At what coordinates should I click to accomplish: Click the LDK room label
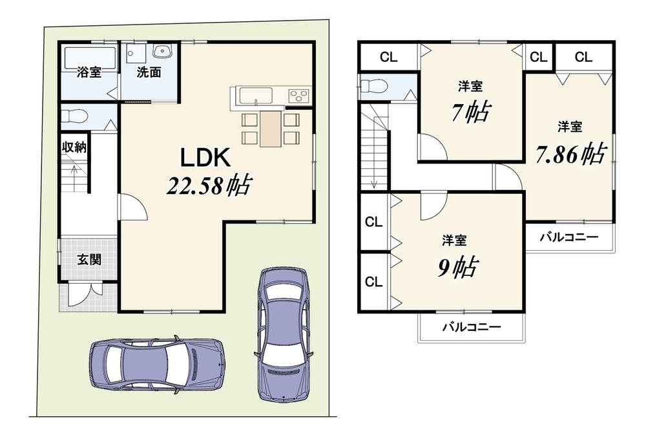click(x=204, y=158)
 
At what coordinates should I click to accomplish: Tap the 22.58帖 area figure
click(x=209, y=186)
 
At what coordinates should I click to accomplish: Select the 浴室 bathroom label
click(x=89, y=72)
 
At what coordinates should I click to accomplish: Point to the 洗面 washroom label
click(x=149, y=72)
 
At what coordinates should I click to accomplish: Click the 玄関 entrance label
click(x=89, y=260)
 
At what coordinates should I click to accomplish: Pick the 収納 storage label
click(x=74, y=147)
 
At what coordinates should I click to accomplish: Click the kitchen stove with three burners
click(x=298, y=96)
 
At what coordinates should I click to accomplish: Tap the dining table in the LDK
click(x=271, y=128)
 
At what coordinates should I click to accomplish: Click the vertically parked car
click(x=283, y=334)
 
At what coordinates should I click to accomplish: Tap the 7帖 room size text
click(x=470, y=111)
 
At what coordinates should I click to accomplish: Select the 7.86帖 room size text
click(x=571, y=153)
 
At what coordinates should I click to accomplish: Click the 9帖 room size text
click(x=457, y=268)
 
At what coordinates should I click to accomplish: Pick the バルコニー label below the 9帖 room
click(x=472, y=327)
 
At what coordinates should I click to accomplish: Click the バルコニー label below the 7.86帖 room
click(x=569, y=237)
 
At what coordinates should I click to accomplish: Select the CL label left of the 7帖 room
click(x=388, y=58)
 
